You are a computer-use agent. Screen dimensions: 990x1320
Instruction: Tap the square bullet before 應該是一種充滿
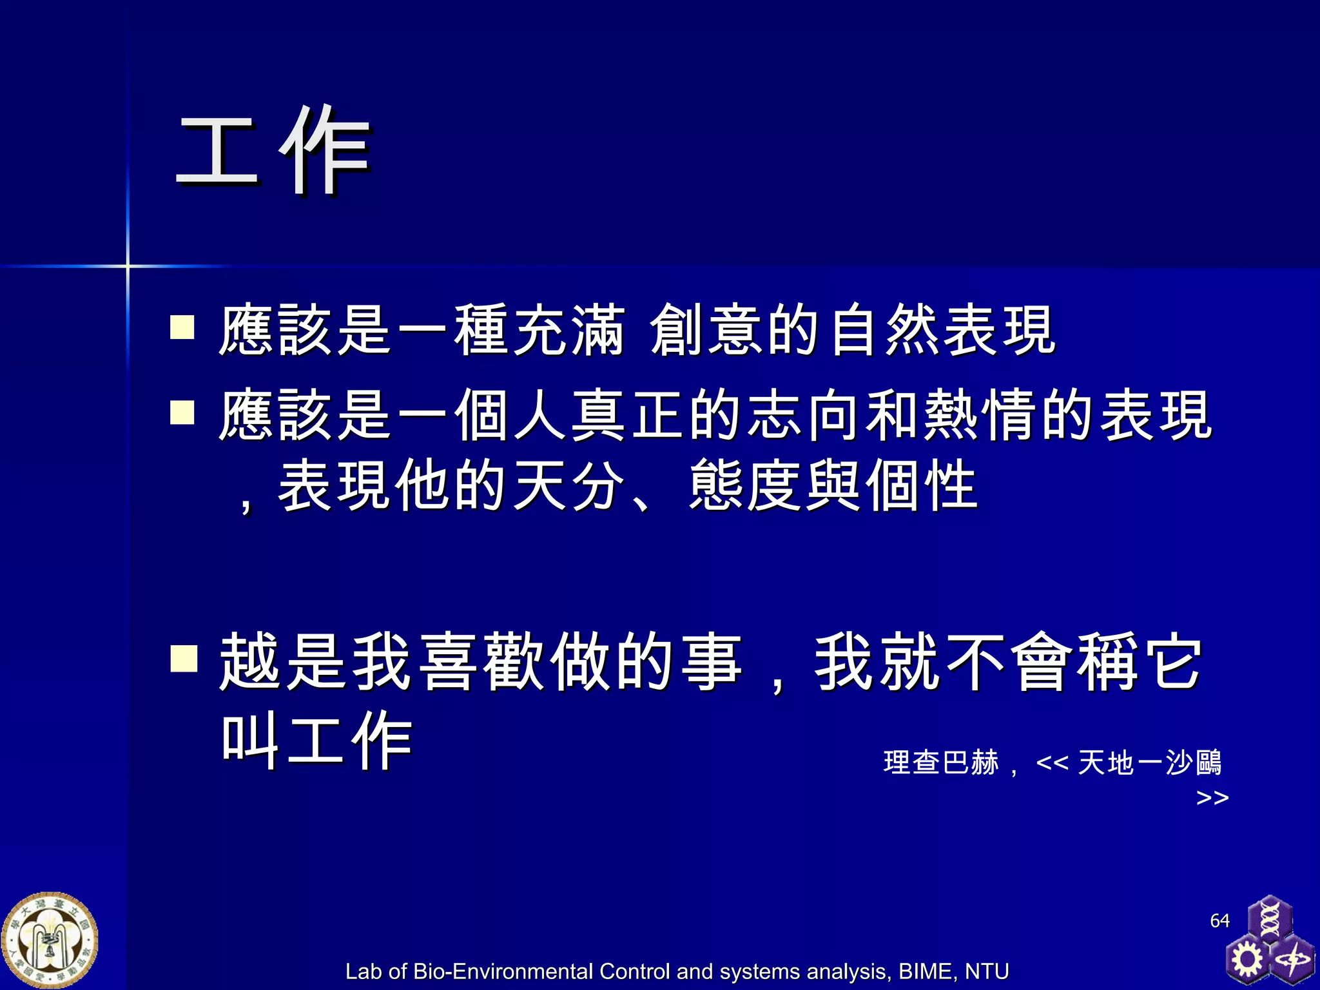click(x=182, y=327)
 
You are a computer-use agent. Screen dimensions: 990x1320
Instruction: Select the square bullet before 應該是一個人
click(x=182, y=412)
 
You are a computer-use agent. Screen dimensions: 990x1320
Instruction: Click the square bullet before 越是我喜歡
click(x=184, y=659)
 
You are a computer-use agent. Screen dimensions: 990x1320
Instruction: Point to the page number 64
click(x=1219, y=920)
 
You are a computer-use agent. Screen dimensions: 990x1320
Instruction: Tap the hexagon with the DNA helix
click(x=1269, y=919)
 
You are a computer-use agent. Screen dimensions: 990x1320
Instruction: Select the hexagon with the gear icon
click(x=1247, y=959)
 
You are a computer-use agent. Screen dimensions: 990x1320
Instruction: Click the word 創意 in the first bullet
click(x=705, y=330)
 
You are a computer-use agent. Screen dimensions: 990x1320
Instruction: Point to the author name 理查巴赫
click(x=941, y=762)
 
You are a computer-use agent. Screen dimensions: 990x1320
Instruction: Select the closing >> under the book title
click(x=1212, y=798)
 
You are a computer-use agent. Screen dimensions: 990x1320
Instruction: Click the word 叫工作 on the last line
click(x=316, y=741)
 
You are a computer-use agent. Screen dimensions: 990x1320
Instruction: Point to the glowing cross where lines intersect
click(x=128, y=266)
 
